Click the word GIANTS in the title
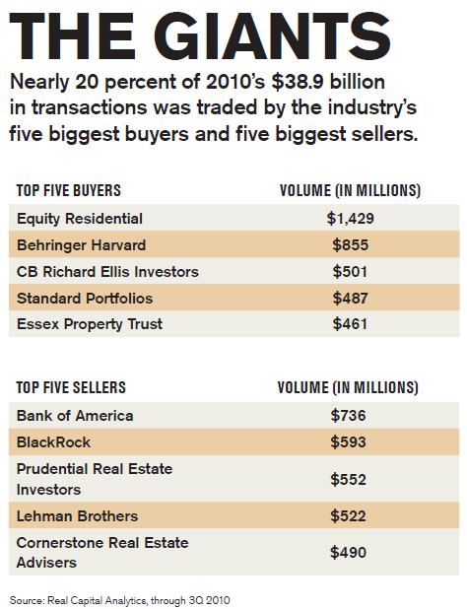[274, 35]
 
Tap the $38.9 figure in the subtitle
[298, 82]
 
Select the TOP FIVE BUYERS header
[69, 190]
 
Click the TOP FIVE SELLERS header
[71, 387]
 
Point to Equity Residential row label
[80, 219]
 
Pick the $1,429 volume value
[350, 219]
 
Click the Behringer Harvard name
[81, 245]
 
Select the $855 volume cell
[350, 245]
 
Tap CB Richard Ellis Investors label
[107, 272]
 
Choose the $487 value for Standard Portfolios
[350, 298]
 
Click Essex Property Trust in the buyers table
[90, 324]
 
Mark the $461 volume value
[350, 324]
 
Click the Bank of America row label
[75, 416]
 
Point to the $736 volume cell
[348, 416]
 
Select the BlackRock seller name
[53, 442]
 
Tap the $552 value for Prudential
[348, 479]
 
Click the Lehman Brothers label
[77, 516]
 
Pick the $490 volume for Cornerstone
[348, 552]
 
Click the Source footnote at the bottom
[119, 600]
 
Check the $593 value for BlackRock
[348, 442]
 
